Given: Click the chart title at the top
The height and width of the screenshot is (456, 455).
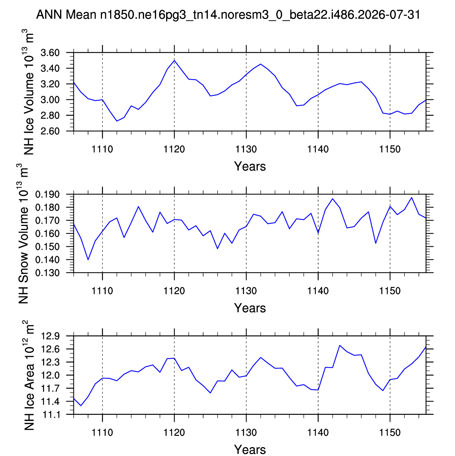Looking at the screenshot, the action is coord(228,15).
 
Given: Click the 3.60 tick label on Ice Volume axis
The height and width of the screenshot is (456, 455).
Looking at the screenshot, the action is coord(50,53).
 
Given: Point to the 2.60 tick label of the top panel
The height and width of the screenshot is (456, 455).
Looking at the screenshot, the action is coord(50,131).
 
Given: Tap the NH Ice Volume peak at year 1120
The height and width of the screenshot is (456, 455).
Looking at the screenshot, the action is coord(174,60).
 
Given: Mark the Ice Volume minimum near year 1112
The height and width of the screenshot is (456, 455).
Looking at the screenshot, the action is coord(117,121).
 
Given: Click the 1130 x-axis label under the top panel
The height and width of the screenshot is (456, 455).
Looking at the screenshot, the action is coord(246,149).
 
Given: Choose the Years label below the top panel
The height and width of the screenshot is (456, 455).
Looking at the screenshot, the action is coord(250,166).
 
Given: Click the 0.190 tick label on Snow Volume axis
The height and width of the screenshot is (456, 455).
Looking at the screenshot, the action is coord(47,194).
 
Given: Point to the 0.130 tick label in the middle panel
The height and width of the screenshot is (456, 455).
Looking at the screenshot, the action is coord(47,273).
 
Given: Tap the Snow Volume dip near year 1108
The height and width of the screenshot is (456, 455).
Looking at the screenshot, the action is coord(88,260).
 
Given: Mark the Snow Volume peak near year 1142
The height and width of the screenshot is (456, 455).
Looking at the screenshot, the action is coord(332,199).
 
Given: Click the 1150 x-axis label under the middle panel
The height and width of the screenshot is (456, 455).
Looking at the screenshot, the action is coord(390,291).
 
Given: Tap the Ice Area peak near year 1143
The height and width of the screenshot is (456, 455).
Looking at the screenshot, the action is coord(340,345).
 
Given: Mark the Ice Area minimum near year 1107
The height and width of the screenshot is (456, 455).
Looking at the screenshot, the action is coord(81,406).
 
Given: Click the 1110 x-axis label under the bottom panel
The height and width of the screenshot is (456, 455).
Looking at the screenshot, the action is coord(102,432).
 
